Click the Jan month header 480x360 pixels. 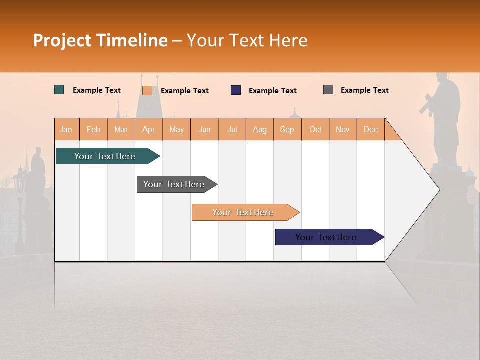66,129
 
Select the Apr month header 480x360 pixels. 149,129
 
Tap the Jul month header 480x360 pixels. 232,129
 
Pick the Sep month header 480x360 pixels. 287,129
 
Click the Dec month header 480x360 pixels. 370,129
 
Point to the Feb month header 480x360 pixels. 93,129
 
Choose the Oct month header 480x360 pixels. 315,129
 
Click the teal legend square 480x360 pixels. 59,90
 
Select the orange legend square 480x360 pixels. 147,90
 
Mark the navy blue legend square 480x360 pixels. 236,90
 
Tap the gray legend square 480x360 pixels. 328,90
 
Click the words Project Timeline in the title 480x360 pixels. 100,40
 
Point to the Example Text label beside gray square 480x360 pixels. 364,90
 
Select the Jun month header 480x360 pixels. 204,129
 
